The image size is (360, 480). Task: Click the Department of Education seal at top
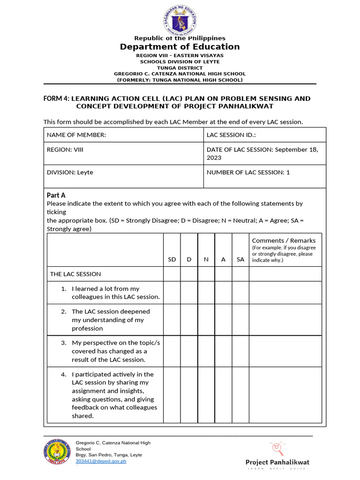coord(180,18)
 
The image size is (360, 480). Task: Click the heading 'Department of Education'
coord(180,47)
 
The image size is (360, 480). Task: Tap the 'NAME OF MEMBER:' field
coord(124,135)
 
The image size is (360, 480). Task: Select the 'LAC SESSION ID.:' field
coord(265,135)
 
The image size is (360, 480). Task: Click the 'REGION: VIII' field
coord(124,153)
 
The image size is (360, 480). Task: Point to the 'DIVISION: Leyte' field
coord(124,176)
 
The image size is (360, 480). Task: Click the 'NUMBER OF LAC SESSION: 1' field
coord(265,176)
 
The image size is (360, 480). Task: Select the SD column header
coord(172,259)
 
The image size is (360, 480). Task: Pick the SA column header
coord(240,259)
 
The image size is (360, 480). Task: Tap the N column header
coord(206,259)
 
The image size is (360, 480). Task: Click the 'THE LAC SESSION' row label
coord(75,274)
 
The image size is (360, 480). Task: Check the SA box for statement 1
coord(240,292)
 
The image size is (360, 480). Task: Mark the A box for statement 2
coord(223,320)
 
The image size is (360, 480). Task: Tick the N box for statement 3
coord(206,351)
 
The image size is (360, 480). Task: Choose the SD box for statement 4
coord(172,395)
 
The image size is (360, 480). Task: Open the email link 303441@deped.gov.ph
coord(101,461)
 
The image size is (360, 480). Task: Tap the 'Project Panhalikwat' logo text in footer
coord(277,462)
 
